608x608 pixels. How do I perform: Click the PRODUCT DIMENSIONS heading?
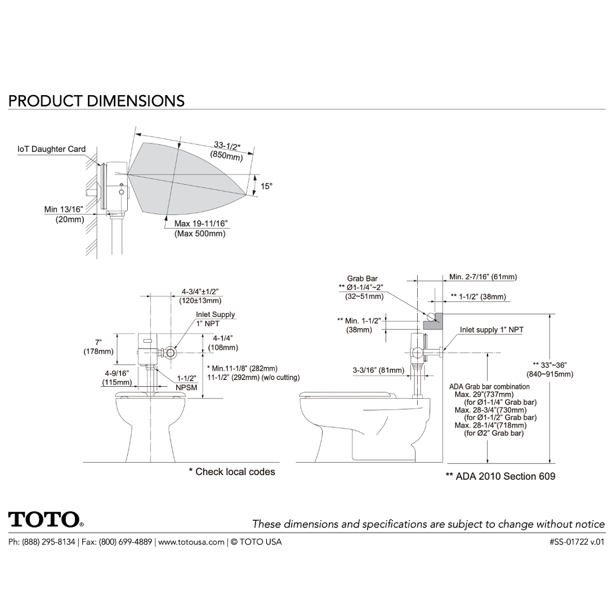pos(96,101)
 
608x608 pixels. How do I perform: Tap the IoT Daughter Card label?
pos(52,149)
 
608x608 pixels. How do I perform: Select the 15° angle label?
pos(266,186)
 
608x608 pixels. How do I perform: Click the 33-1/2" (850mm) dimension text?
pos(227,151)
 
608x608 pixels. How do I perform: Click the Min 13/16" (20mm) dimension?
pos(64,214)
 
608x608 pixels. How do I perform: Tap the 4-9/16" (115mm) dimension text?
pos(117,378)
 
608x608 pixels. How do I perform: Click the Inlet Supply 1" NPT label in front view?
pos(216,319)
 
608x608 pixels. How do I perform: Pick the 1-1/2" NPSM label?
pos(187,383)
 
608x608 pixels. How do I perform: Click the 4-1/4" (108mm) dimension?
pos(223,343)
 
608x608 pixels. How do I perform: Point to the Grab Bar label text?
pos(362,278)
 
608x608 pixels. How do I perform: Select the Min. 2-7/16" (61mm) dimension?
pos(482,276)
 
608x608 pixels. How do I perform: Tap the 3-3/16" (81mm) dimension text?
pos(378,370)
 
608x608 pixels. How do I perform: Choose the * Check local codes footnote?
pos(231,472)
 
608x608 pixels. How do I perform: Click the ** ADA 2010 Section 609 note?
pos(500,476)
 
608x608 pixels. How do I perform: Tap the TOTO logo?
pos(45,519)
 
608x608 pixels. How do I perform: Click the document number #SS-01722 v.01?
pos(576,542)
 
